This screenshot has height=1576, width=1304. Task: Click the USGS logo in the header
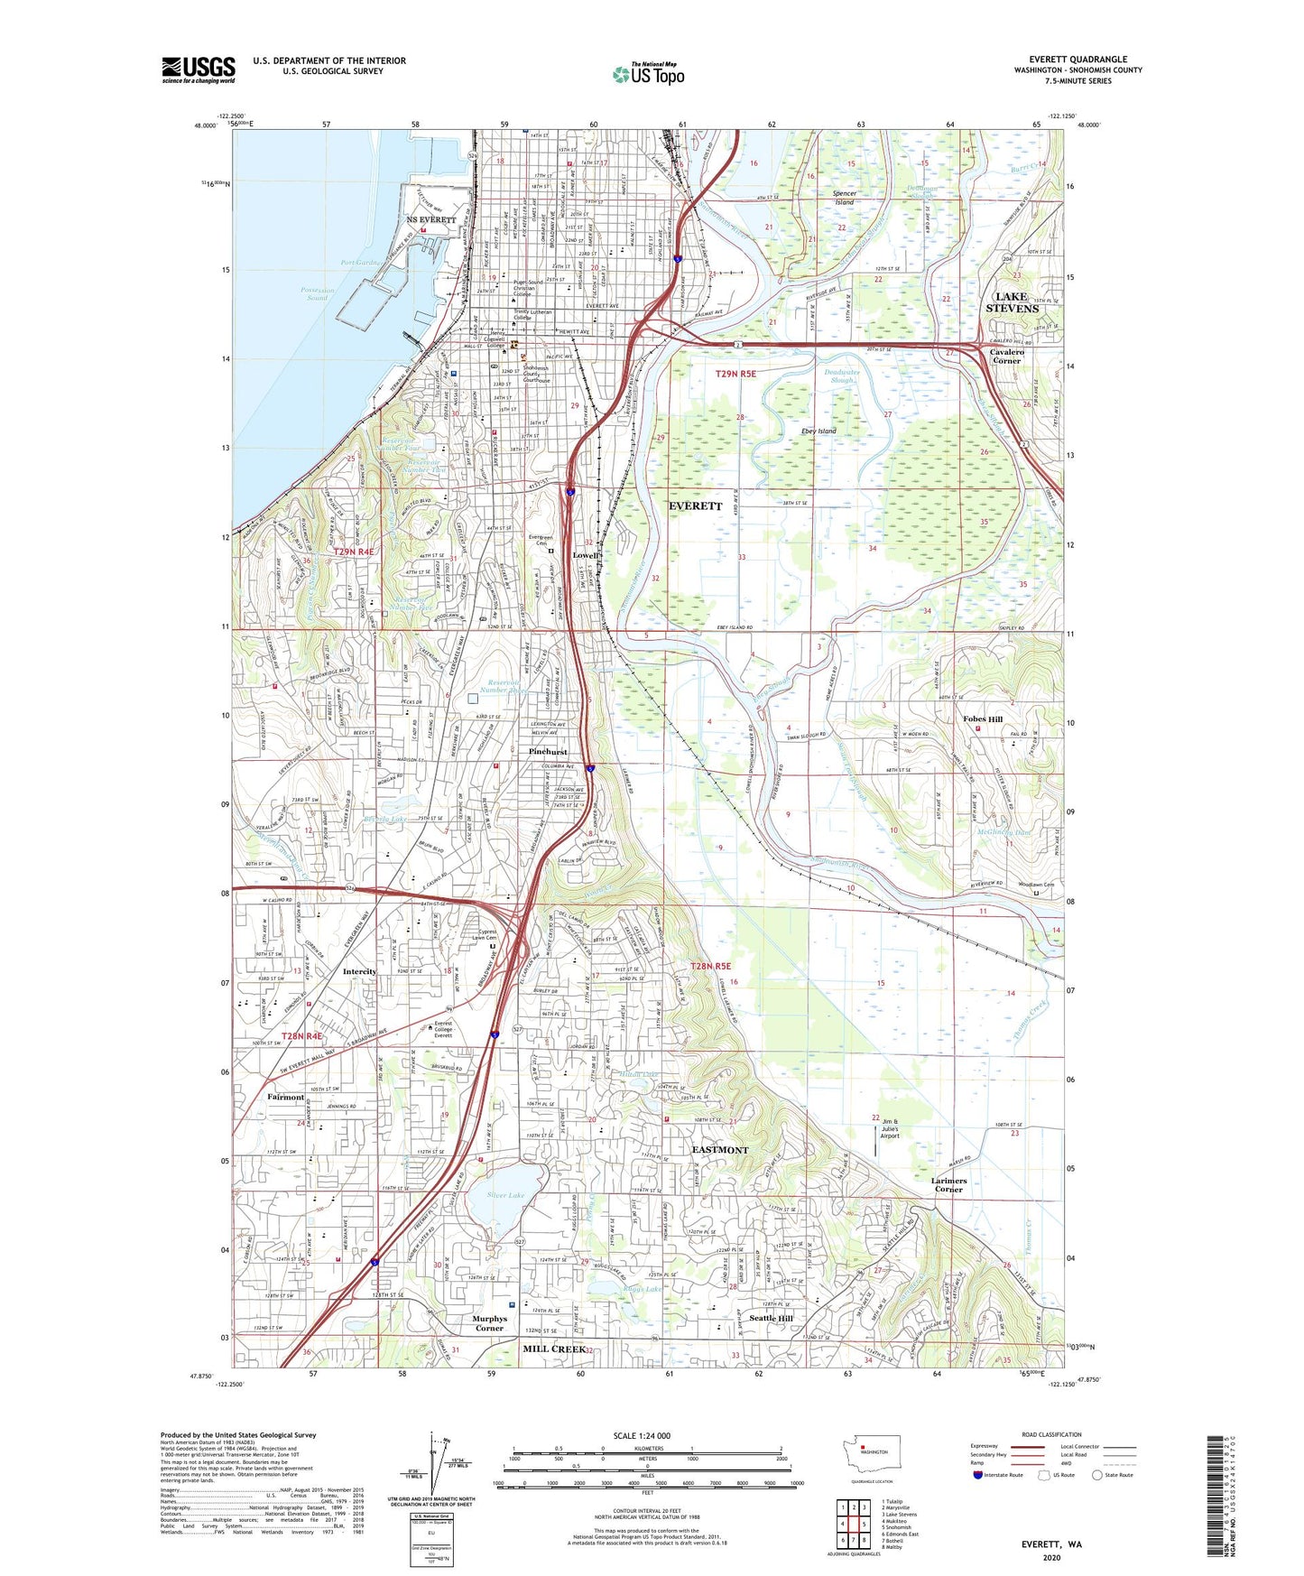(199, 69)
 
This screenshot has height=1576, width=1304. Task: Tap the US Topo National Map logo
(648, 74)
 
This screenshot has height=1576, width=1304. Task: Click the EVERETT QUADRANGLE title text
(1077, 60)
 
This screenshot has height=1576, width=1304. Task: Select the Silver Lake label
(505, 1195)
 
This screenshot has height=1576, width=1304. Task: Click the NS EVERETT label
(430, 219)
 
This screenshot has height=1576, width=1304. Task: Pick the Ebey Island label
(818, 431)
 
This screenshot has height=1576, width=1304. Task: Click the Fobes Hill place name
(982, 719)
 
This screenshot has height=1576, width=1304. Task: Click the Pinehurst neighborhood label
(548, 751)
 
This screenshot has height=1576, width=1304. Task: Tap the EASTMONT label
(719, 1150)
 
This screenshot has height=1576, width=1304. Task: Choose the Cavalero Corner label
(1006, 356)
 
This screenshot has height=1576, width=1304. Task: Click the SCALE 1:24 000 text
(641, 1435)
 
